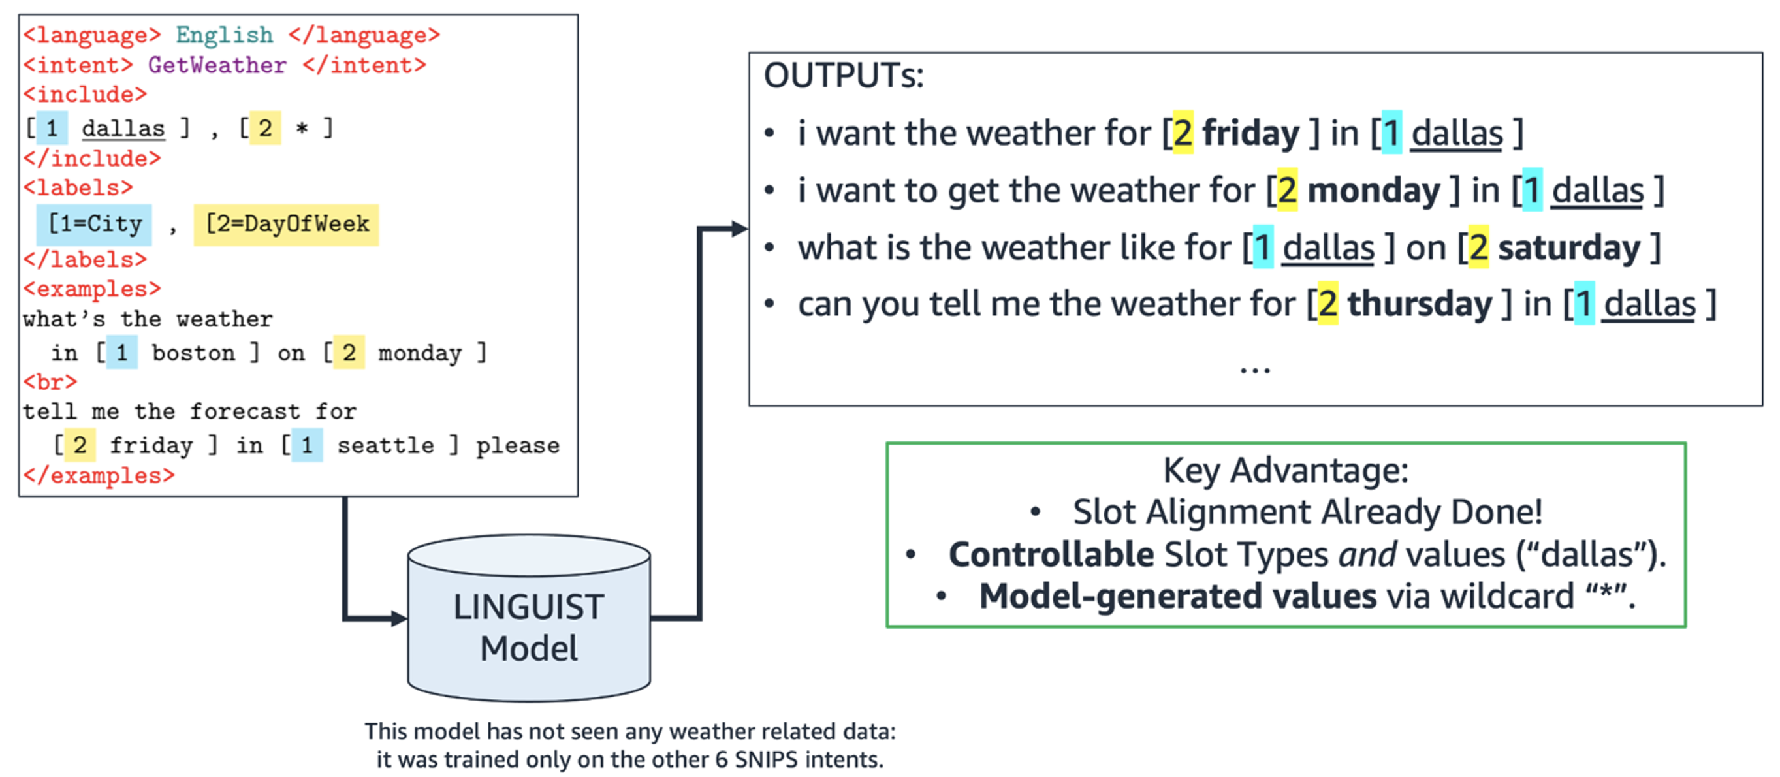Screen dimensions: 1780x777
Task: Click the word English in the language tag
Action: click(x=224, y=35)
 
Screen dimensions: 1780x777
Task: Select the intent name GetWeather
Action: click(x=217, y=65)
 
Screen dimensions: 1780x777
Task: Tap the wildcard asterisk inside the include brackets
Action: click(x=301, y=129)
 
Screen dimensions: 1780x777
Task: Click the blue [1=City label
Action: click(x=94, y=224)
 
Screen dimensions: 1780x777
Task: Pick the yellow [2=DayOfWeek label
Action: click(x=286, y=224)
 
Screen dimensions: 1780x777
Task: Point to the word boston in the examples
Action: click(x=193, y=353)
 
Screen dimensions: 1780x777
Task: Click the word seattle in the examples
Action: click(x=385, y=445)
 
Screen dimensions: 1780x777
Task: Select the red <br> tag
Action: click(x=50, y=382)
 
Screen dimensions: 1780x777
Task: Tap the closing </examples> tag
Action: click(x=99, y=476)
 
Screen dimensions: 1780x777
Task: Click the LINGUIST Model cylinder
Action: click(x=529, y=618)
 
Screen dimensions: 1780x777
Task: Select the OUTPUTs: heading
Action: click(x=843, y=76)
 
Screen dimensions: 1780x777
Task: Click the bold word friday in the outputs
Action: click(x=1250, y=133)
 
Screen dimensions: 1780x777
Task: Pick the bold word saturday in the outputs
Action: click(x=1568, y=248)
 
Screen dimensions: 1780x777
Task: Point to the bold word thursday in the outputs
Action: click(x=1420, y=304)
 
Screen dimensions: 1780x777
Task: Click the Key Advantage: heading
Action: click(x=1286, y=471)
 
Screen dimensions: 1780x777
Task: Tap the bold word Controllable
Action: click(x=1051, y=554)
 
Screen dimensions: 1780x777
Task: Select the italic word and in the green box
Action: click(x=1367, y=554)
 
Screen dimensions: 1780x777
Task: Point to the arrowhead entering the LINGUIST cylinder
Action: click(x=400, y=618)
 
